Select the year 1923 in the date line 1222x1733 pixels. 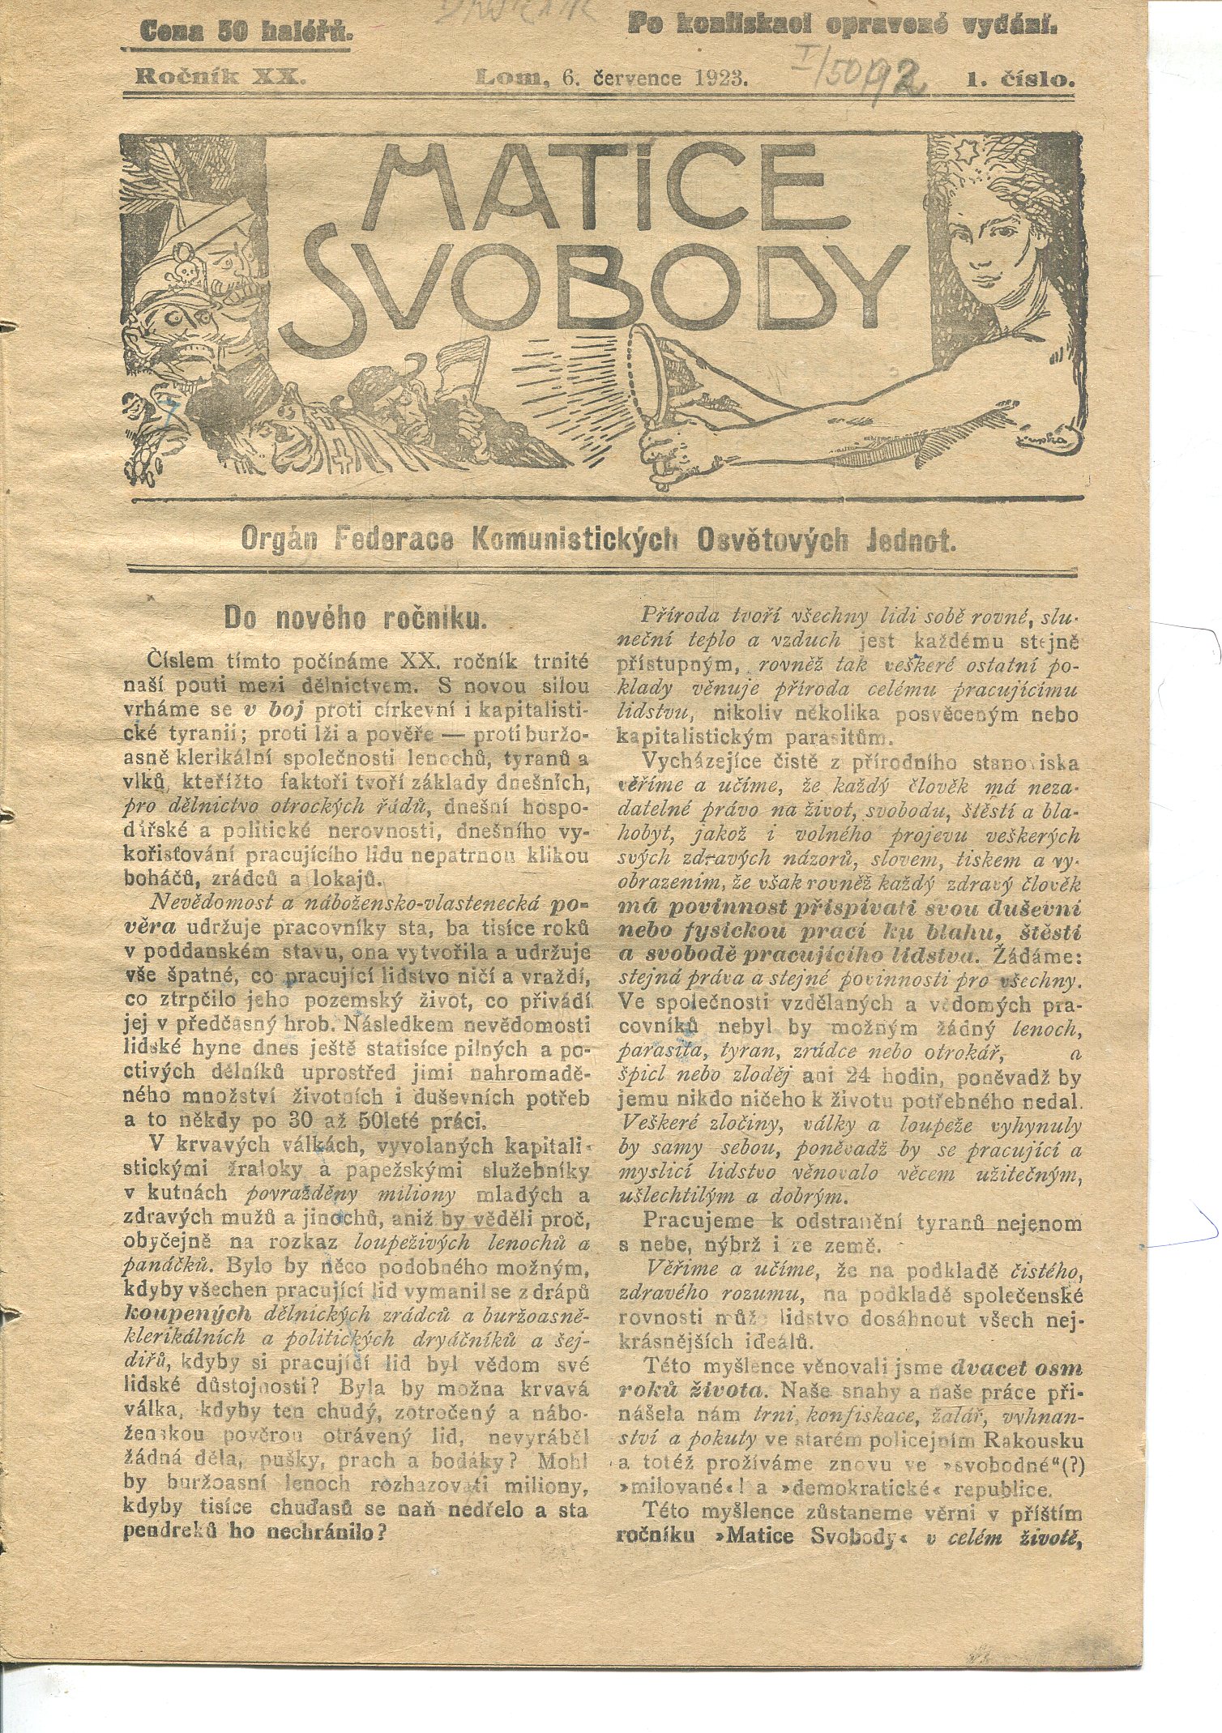[720, 79]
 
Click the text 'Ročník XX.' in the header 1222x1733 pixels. [220, 78]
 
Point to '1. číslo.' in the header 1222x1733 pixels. [1019, 79]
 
